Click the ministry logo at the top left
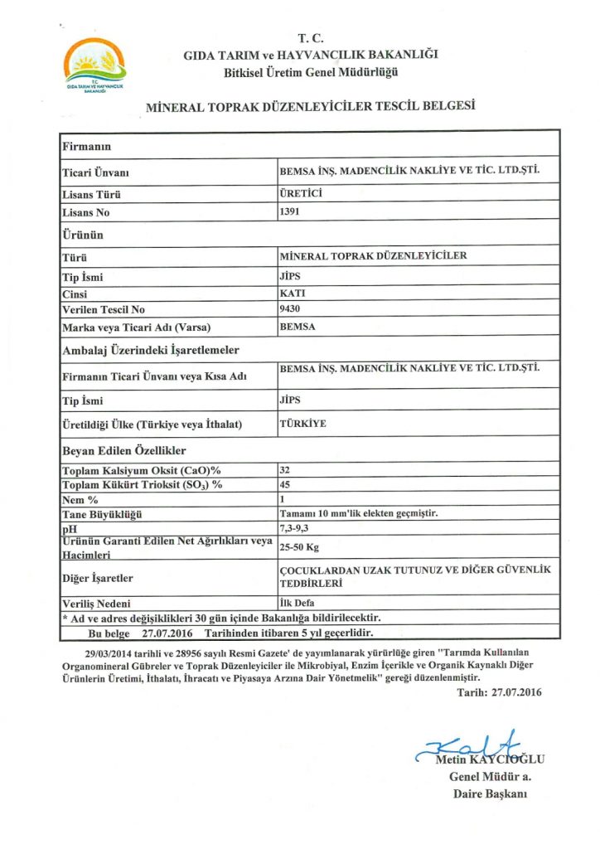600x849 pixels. pos(94,65)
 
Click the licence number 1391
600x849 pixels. pos(291,212)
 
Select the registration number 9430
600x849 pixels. pos(291,309)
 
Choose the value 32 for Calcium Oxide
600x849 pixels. pos(286,470)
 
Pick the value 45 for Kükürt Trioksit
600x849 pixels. pos(286,484)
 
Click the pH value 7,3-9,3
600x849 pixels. pos(293,527)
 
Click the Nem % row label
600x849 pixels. pos(81,499)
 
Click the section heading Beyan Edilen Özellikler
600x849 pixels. pos(124,451)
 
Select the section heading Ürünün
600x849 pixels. pos(83,235)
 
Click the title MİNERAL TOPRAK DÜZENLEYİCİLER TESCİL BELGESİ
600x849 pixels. pos(310,107)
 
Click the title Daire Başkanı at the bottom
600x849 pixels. pos(489,793)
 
